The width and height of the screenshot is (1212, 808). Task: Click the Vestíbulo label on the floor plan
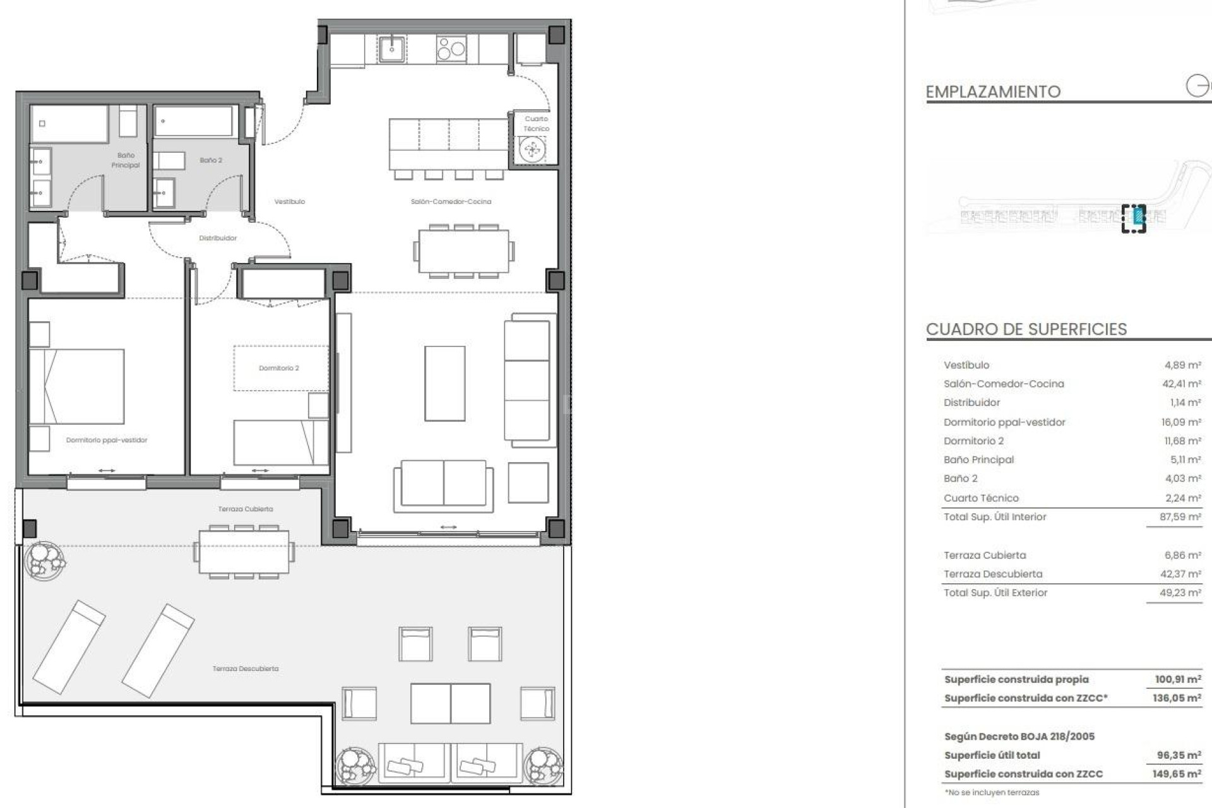(290, 202)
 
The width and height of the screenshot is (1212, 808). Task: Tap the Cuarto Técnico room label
(537, 124)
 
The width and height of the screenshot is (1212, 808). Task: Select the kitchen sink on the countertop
(392, 49)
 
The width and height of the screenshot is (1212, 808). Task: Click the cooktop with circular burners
(451, 49)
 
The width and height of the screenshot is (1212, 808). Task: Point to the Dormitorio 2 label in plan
(279, 368)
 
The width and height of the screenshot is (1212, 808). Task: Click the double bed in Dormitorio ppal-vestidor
(77, 386)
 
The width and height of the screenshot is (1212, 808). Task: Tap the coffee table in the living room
(444, 383)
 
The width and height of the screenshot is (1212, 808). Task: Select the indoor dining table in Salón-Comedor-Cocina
(463, 250)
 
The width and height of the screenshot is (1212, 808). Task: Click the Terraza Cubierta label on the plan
(246, 509)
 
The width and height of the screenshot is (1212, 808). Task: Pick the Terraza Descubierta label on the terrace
(246, 668)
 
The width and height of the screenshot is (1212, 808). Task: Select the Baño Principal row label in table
(978, 460)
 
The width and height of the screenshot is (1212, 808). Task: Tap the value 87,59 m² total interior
(1181, 517)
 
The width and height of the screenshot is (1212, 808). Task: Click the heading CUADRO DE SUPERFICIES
(1026, 330)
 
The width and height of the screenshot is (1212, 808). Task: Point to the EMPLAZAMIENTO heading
(992, 92)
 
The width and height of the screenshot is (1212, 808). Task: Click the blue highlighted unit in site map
(1138, 217)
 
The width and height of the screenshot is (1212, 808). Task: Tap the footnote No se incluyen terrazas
(992, 792)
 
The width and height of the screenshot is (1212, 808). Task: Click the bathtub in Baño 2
(194, 121)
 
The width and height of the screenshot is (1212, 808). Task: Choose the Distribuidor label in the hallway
(218, 239)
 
